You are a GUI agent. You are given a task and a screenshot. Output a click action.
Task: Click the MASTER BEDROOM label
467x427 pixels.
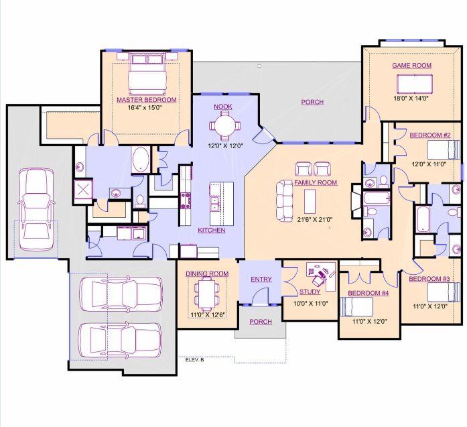point(147,100)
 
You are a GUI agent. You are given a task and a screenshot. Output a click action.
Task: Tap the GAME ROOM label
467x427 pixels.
point(411,66)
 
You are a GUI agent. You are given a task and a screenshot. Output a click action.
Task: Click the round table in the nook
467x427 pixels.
point(224,126)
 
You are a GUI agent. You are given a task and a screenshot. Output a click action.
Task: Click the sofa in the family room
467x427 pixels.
point(285,199)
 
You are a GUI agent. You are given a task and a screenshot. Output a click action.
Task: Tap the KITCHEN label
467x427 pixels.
point(211,230)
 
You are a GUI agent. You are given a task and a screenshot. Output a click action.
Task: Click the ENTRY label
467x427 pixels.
point(260,279)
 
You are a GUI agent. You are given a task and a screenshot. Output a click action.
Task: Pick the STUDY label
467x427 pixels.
point(310,292)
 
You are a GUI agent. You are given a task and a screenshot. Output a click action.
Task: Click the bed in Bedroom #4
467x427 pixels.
point(357,306)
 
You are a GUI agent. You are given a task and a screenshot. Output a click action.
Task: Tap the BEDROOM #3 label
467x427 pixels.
point(429,279)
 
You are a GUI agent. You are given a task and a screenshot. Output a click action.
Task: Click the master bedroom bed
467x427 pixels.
point(147,72)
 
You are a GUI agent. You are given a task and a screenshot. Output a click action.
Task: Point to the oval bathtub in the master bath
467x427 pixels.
point(141,160)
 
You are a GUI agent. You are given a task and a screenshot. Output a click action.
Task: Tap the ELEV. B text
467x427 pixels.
point(194,360)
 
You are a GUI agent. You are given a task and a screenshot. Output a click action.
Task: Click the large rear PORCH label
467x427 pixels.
point(312,102)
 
